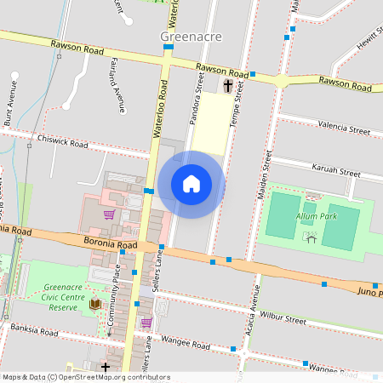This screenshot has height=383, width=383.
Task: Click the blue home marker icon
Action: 191,184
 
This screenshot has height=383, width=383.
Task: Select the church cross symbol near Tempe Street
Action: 227,86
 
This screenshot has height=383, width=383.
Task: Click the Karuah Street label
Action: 336,170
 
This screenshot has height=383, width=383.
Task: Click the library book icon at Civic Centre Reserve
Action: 95,305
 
